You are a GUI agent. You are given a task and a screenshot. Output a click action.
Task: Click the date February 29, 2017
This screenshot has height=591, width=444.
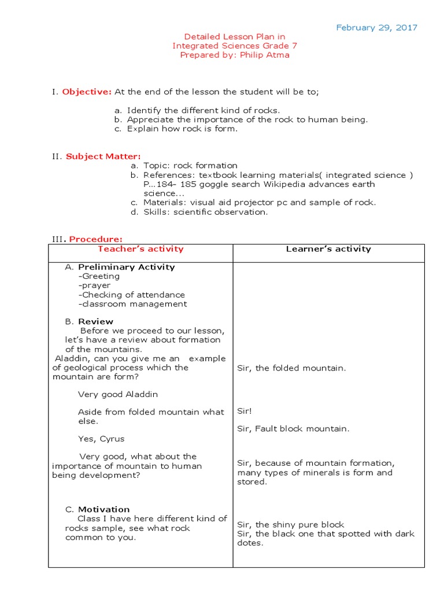[x=376, y=28]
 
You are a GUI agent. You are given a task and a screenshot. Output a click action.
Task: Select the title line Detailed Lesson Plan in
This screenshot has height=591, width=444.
[x=234, y=36]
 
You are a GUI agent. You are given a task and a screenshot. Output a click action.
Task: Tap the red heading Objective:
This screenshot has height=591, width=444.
[x=87, y=92]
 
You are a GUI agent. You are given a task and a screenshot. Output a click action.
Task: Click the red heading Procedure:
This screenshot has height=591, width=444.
[x=95, y=239]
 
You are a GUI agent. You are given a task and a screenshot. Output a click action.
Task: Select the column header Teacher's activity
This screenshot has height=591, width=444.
[x=140, y=249]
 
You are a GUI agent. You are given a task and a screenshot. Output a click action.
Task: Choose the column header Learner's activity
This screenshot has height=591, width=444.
[x=328, y=249]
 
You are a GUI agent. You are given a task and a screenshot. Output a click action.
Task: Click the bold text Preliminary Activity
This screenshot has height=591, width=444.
[x=126, y=267]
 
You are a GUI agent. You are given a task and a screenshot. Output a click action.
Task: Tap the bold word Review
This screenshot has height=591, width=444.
[x=95, y=321]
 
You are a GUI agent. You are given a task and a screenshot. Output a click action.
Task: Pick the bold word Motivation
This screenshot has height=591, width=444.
[x=103, y=510]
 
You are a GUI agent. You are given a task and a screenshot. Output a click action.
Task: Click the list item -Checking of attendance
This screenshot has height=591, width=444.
[x=131, y=295]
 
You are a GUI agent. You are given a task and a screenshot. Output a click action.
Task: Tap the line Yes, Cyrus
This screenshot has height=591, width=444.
[x=101, y=439]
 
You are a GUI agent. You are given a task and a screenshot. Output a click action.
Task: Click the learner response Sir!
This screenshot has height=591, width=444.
[x=245, y=412]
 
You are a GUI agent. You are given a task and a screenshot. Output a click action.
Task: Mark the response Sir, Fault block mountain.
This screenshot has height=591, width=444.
[x=293, y=429]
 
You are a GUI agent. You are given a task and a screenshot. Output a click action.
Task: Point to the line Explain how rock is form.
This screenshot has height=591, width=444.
[x=182, y=129]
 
